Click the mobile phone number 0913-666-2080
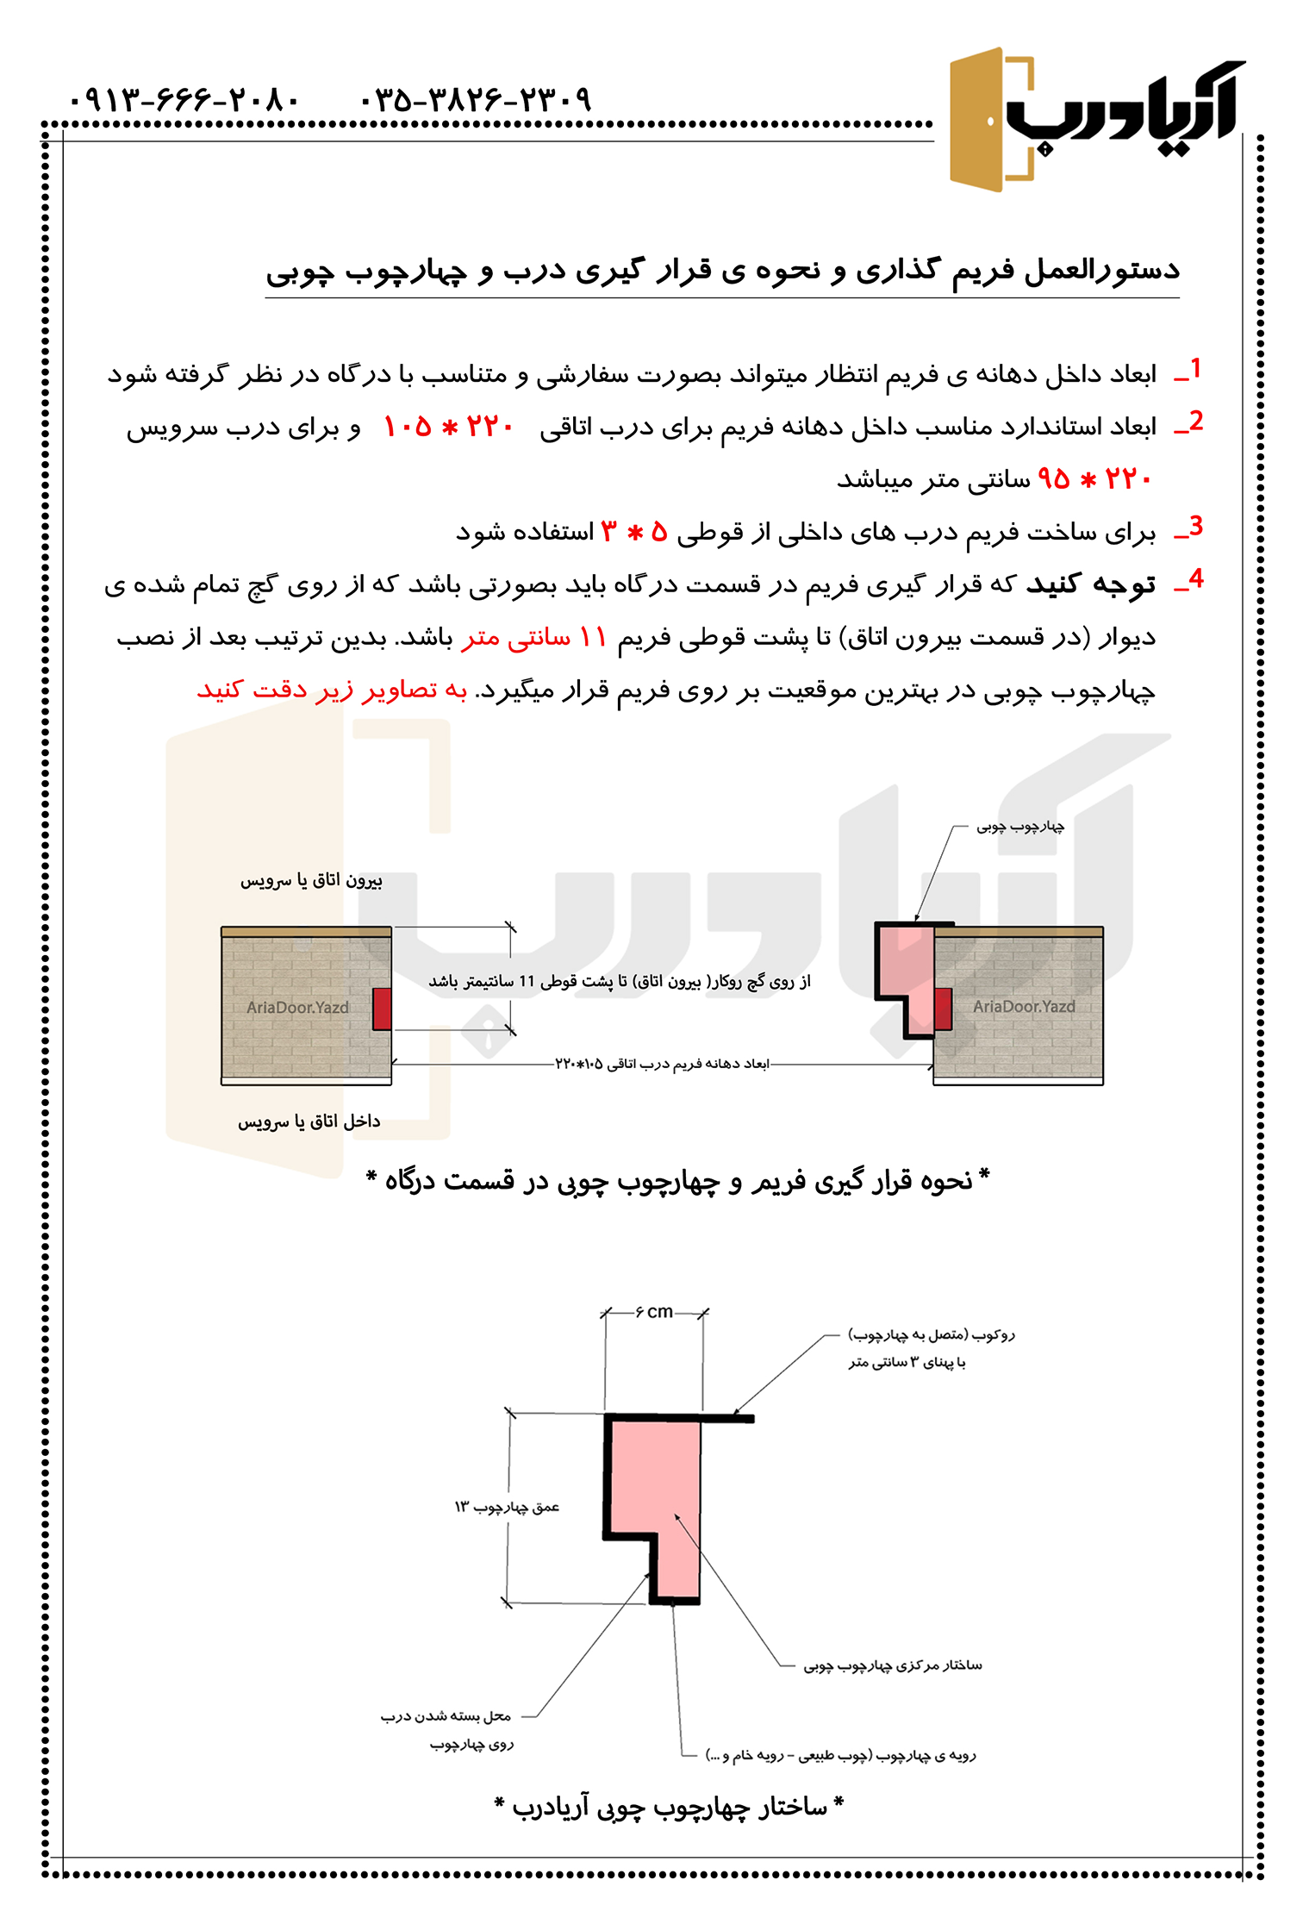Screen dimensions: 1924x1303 [x=184, y=100]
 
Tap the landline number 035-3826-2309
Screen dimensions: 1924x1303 [x=476, y=100]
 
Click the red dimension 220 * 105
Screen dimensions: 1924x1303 [x=448, y=426]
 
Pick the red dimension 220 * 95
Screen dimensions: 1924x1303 [x=1094, y=478]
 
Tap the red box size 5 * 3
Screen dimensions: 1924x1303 [x=634, y=532]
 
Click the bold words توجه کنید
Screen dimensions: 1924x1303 [x=1090, y=584]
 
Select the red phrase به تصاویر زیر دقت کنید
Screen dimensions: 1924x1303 [x=332, y=690]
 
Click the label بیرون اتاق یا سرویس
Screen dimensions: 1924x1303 [x=311, y=880]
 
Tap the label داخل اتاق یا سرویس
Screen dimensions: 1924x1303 [x=309, y=1121]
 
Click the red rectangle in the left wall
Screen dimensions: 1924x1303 [x=382, y=1009]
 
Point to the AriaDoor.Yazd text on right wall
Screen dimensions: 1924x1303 [x=1024, y=1006]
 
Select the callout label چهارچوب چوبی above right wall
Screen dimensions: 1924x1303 [x=1020, y=827]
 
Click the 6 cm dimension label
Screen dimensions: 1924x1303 [x=654, y=1312]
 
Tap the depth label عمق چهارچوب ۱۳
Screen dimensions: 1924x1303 [x=507, y=1507]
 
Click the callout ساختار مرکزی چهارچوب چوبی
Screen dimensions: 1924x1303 [x=893, y=1665]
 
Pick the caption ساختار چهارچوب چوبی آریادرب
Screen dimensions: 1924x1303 [x=669, y=1806]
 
